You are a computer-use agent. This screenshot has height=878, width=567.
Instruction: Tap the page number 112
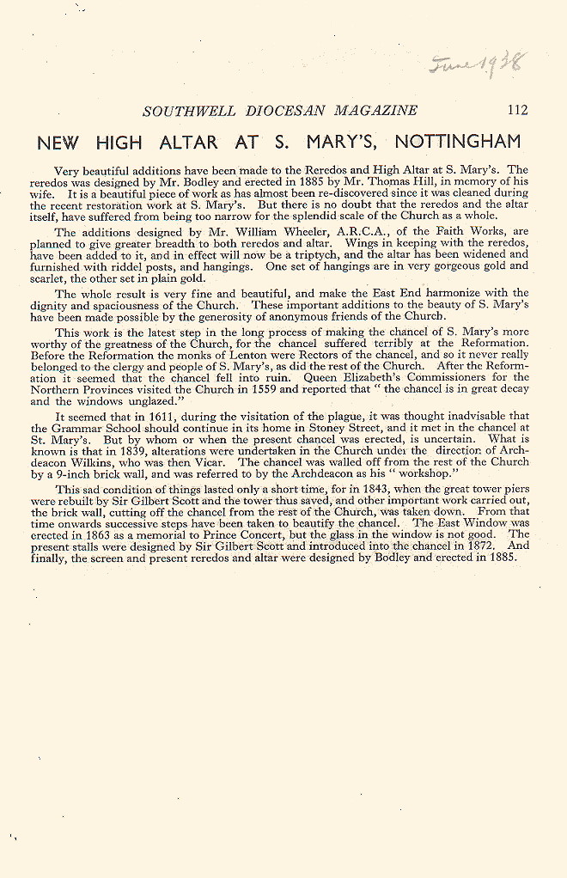coord(517,110)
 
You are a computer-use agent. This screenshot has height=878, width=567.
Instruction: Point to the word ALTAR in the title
coord(187,142)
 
